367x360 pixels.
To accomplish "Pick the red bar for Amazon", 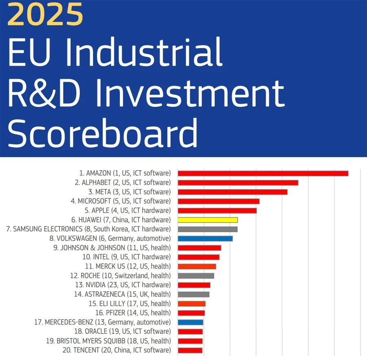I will [263, 173].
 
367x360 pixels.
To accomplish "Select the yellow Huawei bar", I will [208, 220].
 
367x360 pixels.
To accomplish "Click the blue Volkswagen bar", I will [205, 238].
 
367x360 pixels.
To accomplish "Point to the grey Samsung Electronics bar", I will [208, 229].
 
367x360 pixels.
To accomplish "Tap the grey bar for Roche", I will [196, 276].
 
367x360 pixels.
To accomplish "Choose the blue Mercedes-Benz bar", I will [190, 322].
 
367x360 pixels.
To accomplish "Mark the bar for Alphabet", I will [238, 183].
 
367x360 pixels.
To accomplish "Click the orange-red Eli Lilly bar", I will [192, 304].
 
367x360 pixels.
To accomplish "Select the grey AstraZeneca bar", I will [194, 294].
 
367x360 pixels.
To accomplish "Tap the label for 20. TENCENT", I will [122, 350].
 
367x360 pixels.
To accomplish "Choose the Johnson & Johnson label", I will [116, 248].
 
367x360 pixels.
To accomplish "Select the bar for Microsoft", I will [219, 201].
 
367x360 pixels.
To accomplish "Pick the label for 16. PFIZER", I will [133, 313].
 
